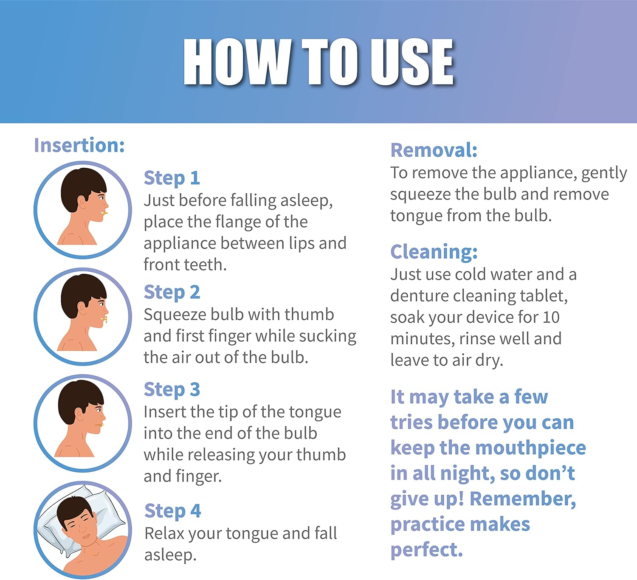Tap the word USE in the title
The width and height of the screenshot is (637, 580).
[412, 62]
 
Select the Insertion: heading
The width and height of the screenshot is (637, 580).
[79, 145]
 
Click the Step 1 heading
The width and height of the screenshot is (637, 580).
[172, 178]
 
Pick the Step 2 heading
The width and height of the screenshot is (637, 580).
[172, 292]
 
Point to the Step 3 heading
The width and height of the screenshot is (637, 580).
[172, 389]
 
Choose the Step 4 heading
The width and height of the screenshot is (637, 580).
[172, 511]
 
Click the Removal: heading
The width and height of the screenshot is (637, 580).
[434, 150]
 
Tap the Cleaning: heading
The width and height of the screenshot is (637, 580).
[434, 252]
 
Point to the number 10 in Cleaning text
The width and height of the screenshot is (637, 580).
[551, 317]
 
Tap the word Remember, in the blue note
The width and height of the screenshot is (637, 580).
[523, 499]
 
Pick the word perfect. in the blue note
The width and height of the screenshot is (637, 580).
[426, 550]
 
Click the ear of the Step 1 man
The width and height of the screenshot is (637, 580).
[81, 203]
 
